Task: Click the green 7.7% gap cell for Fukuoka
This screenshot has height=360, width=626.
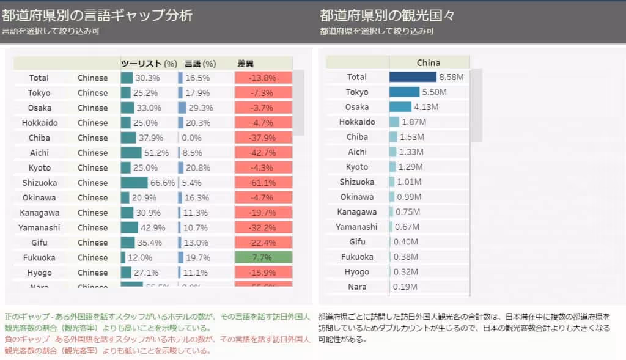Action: pyautogui.click(x=263, y=257)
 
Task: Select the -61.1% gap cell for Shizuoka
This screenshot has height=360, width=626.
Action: pyautogui.click(x=263, y=183)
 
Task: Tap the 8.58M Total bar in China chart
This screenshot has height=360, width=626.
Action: pyautogui.click(x=413, y=77)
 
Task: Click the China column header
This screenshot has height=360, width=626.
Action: pyautogui.click(x=429, y=62)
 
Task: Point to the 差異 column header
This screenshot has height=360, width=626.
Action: pyautogui.click(x=245, y=64)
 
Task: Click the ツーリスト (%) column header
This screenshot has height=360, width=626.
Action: pyautogui.click(x=149, y=64)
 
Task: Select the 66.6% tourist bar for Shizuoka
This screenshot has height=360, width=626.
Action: pyautogui.click(x=134, y=183)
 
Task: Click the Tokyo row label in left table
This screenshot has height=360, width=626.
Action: pyautogui.click(x=39, y=93)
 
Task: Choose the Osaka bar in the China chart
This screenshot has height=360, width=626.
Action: pyautogui.click(x=400, y=107)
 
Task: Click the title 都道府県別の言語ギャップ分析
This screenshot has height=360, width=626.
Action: pyautogui.click(x=97, y=15)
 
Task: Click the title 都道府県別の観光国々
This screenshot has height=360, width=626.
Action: pyautogui.click(x=387, y=15)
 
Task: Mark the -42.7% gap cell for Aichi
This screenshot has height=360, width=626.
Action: pyautogui.click(x=263, y=153)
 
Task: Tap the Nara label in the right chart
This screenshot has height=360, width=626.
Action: pyautogui.click(x=357, y=287)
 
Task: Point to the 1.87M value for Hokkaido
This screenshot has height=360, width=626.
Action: pyautogui.click(x=414, y=122)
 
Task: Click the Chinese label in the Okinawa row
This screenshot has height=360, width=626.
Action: pyautogui.click(x=92, y=198)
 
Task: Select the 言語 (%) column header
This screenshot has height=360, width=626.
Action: pyautogui.click(x=200, y=64)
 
